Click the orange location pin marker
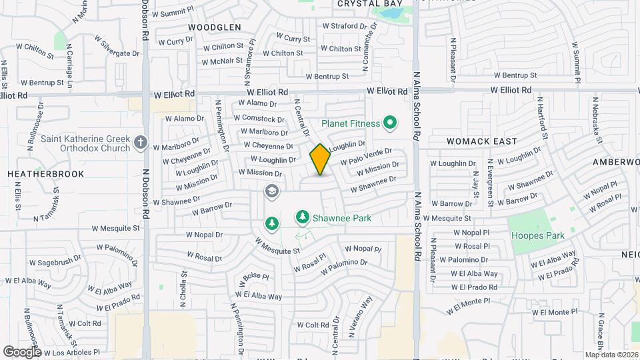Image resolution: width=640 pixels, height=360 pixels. coord(320,159)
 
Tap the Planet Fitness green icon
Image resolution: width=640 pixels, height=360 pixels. coord(390,123)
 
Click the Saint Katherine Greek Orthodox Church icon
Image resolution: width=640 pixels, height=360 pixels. coord(140,142)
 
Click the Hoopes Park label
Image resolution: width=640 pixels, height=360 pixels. coord(537,235)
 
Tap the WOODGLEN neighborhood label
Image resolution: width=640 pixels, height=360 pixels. coord(214,27)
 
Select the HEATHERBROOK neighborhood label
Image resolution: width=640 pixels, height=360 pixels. coord(45,174)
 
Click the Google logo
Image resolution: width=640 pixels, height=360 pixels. coord(22,351)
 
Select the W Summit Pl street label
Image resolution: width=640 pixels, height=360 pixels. coord(173,13)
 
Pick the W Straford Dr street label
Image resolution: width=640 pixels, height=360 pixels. coord(345,26)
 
